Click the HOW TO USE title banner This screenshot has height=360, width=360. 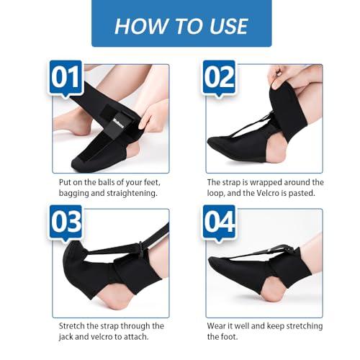tap(181, 26)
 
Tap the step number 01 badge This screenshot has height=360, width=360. tap(66, 79)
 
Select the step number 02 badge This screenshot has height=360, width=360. tap(219, 79)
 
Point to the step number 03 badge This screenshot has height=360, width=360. tap(66, 222)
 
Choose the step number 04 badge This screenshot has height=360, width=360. tap(220, 222)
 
